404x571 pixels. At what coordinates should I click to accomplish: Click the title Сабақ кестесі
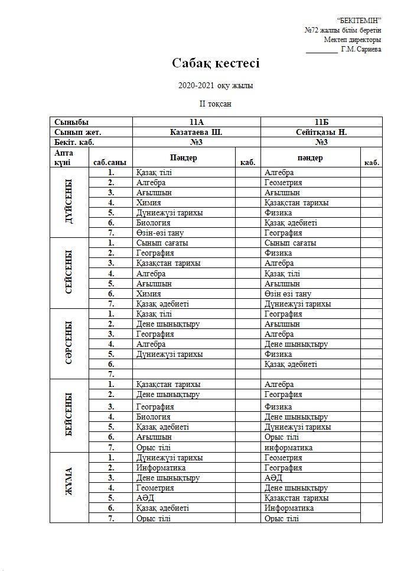[x=216, y=63]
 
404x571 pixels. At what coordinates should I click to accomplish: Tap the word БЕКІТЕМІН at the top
[x=359, y=21]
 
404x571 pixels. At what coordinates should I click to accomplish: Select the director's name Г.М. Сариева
[x=361, y=50]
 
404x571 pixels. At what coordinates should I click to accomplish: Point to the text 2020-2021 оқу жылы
[x=216, y=86]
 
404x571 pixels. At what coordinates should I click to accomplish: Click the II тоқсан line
[x=216, y=104]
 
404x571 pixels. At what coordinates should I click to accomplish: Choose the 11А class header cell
[x=196, y=122]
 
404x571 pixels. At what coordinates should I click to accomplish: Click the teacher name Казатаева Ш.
[x=196, y=132]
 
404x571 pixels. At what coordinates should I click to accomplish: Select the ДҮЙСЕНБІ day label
[x=69, y=202]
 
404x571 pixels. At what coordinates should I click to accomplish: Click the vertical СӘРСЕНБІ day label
[x=69, y=343]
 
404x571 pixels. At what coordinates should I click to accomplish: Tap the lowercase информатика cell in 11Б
[x=289, y=448]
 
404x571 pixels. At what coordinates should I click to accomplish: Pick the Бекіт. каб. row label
[x=74, y=142]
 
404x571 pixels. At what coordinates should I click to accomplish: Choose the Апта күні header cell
[x=63, y=157]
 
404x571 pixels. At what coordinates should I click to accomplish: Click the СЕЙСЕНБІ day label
[x=69, y=272]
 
